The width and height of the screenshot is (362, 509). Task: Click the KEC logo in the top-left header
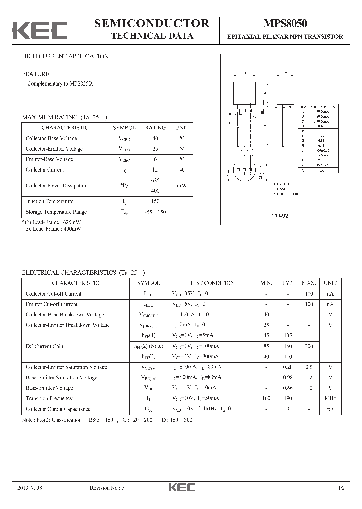pos(40,30)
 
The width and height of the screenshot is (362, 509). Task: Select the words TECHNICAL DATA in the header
pos(151,36)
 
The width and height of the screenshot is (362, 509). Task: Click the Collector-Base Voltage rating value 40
pos(155,138)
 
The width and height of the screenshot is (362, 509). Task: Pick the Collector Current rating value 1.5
pos(155,170)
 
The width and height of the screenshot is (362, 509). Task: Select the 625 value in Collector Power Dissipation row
pos(155,180)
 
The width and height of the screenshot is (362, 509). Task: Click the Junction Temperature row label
pos(49,201)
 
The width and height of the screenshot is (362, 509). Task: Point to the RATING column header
pos(155,128)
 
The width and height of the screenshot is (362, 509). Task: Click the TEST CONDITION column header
pos(212,283)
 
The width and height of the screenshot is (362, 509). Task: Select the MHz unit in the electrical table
pos(330,398)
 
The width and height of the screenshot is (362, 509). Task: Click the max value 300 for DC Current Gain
pos(309,346)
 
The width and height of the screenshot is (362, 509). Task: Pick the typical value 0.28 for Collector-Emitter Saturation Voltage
pos(289,367)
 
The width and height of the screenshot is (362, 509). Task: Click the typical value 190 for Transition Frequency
pos(288,398)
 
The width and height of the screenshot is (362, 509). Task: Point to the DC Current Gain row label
pos(44,346)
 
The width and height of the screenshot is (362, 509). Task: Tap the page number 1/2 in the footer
pos(342,488)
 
